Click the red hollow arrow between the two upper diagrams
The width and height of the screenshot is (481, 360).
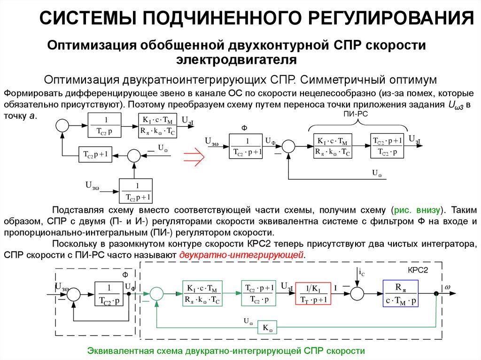tap(193, 156)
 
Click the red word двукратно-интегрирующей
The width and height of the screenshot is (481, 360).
tap(242, 255)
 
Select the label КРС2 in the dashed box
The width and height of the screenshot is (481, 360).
tap(417, 271)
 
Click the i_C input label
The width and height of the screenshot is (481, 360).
tap(361, 272)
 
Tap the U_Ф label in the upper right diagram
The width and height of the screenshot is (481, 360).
tap(270, 140)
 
